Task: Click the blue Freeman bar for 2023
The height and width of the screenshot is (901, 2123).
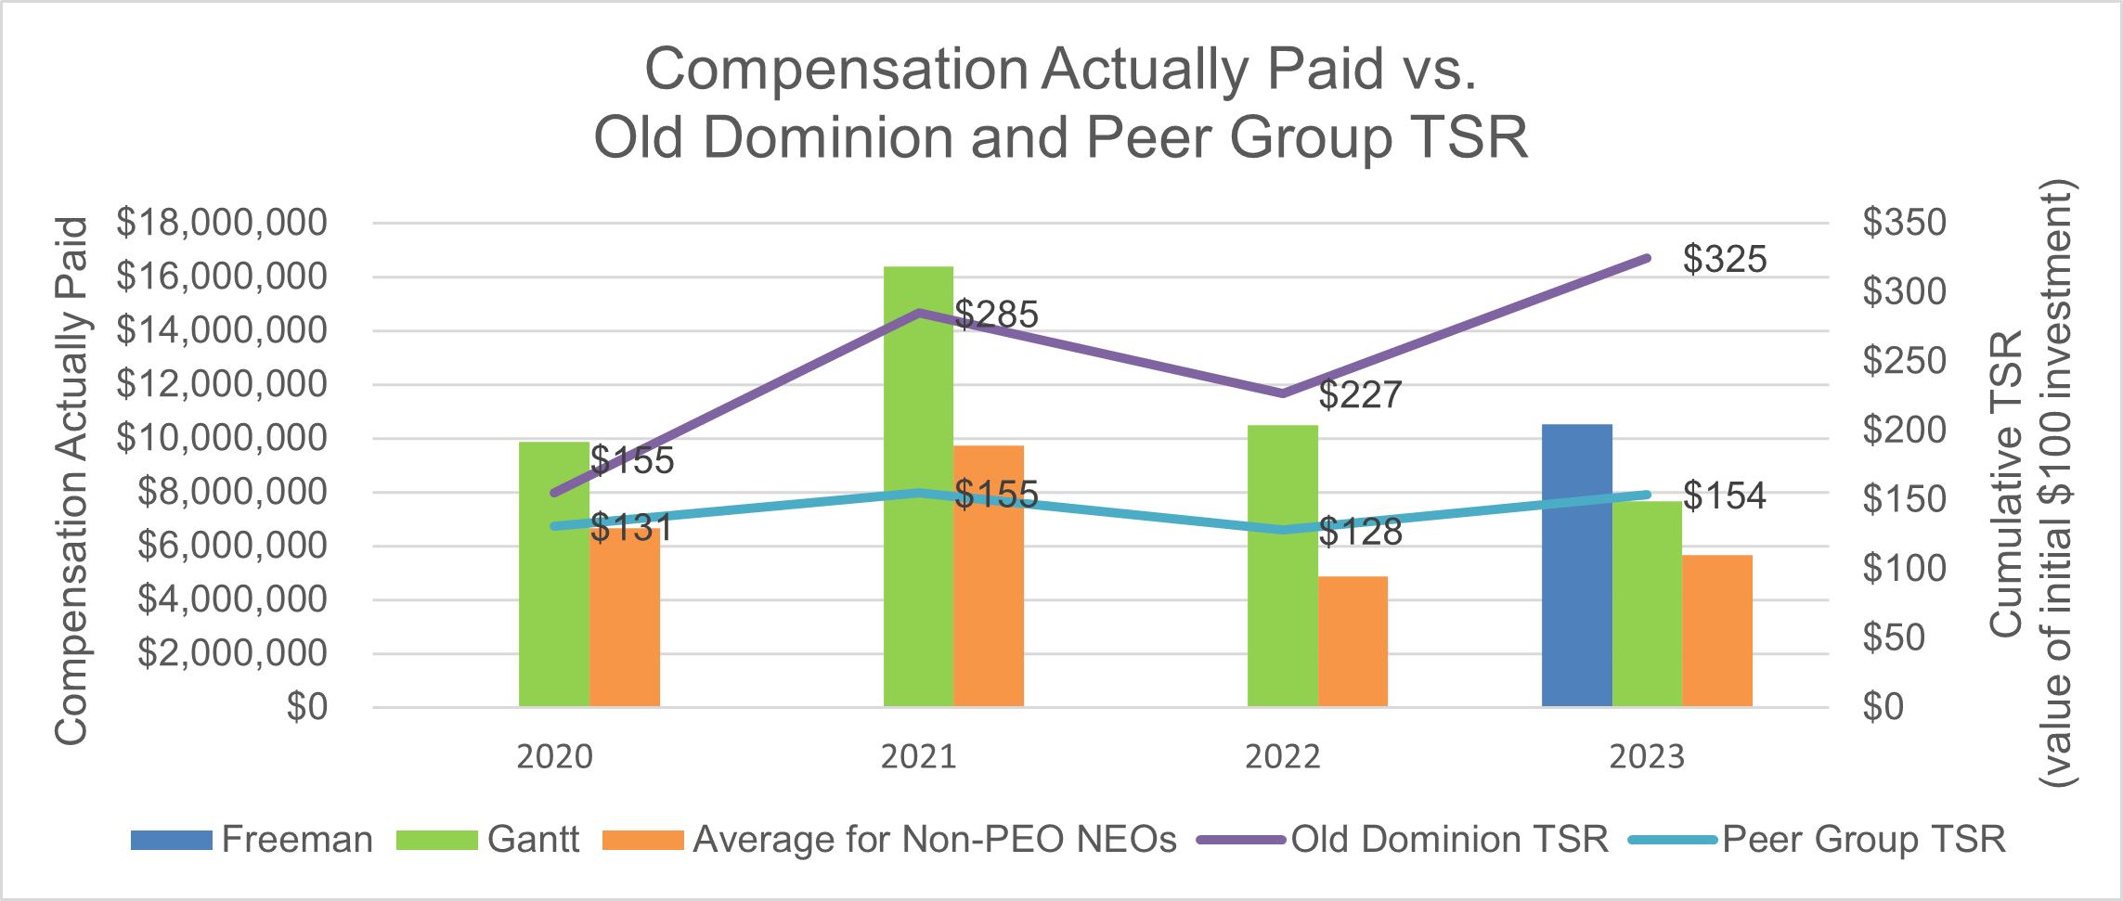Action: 1576,565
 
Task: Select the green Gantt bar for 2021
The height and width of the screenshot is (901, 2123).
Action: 918,486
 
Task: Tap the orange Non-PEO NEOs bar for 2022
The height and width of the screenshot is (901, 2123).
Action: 1353,641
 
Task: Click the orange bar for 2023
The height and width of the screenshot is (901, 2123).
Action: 1716,631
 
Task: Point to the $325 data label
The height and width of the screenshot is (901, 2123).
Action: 1725,261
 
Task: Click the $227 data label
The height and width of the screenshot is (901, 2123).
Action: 1360,396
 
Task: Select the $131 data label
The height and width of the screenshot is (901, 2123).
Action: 631,529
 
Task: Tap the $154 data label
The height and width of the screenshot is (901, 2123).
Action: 1725,496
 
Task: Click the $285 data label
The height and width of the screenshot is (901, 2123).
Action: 996,315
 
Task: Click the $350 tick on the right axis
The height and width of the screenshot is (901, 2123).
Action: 1903,224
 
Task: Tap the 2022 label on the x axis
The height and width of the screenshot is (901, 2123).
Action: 1283,758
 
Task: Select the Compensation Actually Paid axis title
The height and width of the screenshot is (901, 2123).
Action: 71,481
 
